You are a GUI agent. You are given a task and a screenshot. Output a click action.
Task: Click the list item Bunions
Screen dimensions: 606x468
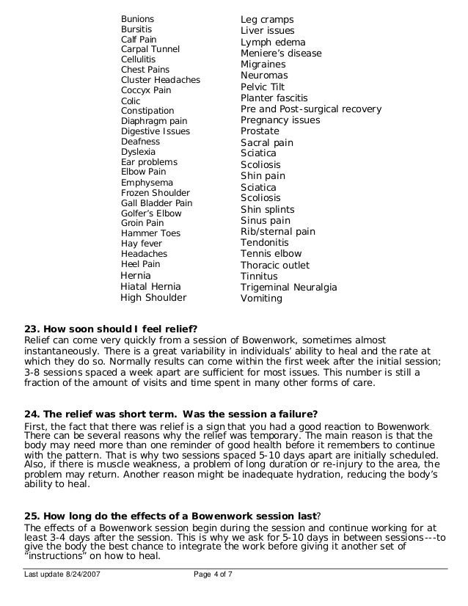pyautogui.click(x=137, y=18)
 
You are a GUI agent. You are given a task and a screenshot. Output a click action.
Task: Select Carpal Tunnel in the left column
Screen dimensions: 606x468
pyautogui.click(x=150, y=49)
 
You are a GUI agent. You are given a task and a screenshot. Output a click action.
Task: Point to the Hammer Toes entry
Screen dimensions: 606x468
pyautogui.click(x=150, y=233)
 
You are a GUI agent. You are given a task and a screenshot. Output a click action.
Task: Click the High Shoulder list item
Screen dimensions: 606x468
pyautogui.click(x=153, y=298)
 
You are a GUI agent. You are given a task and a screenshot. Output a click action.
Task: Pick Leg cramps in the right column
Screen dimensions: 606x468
pyautogui.click(x=267, y=19)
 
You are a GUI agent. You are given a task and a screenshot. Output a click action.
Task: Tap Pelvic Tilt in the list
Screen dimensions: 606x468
pyautogui.click(x=263, y=87)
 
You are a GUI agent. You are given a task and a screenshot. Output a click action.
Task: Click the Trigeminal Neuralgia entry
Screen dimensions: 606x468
pyautogui.click(x=289, y=288)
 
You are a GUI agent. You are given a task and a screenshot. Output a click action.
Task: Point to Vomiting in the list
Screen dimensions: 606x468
pyautogui.click(x=261, y=299)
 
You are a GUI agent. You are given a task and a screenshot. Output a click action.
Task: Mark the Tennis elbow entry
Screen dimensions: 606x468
pyautogui.click(x=271, y=254)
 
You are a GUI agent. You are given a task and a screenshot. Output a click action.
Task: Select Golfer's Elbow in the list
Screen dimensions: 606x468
pyautogui.click(x=151, y=213)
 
